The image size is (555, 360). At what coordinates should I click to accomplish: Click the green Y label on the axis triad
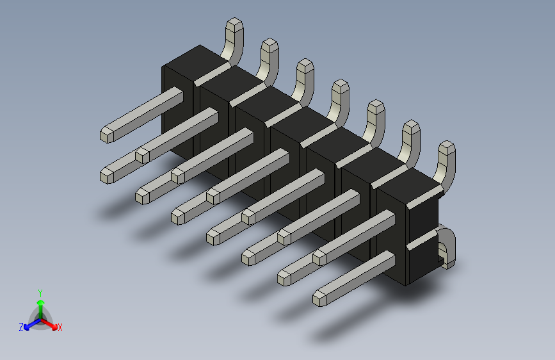tap(40, 291)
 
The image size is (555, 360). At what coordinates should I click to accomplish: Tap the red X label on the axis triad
tap(60, 328)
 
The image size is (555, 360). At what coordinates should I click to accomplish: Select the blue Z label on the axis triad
tap(21, 327)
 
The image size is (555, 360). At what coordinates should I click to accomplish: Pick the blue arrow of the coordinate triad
tap(29, 324)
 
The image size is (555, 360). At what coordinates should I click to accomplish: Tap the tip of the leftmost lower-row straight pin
tap(108, 174)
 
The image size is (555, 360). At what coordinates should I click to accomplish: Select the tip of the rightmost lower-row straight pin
tap(320, 297)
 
